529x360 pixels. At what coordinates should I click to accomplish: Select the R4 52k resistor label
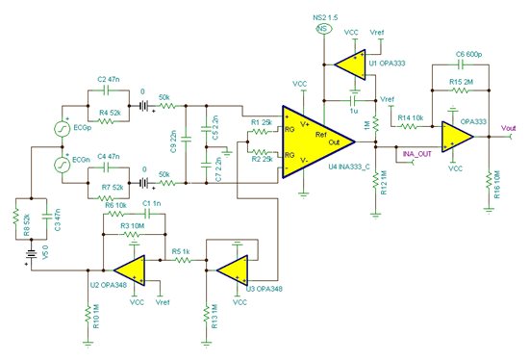coord(109,114)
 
